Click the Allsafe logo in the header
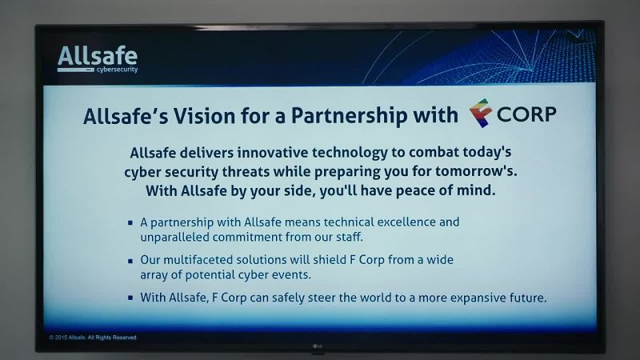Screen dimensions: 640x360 click(98, 59)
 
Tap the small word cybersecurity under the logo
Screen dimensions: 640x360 click(117, 70)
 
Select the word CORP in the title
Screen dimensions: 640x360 click(526, 114)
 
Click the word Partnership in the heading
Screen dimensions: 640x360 click(349, 116)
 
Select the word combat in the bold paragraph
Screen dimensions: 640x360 click(434, 153)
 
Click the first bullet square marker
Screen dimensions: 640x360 click(130, 223)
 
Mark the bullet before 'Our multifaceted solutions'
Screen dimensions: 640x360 click(130, 261)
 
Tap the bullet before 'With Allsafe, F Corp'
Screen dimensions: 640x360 click(130, 298)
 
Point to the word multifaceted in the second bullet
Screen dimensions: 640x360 click(198, 260)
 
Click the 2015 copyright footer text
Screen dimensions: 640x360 click(93, 338)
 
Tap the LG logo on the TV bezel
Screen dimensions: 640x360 click(318, 347)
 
